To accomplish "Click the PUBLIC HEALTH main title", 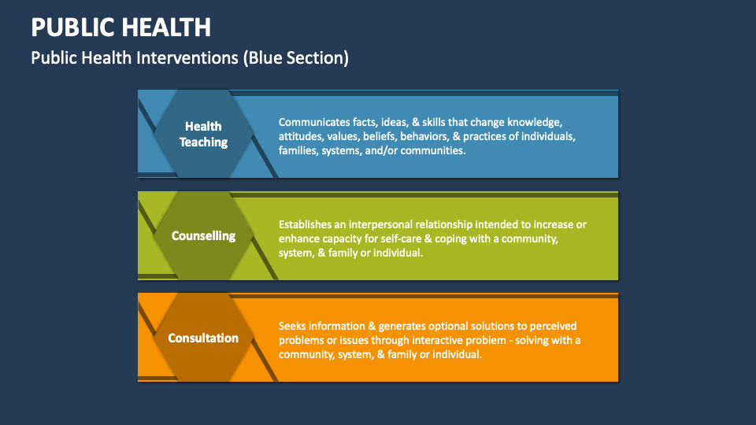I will pyautogui.click(x=120, y=28).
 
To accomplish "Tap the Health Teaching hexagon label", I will pyautogui.click(x=203, y=135).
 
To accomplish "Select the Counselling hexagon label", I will pyautogui.click(x=203, y=236).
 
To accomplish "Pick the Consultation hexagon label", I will pyautogui.click(x=203, y=338).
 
